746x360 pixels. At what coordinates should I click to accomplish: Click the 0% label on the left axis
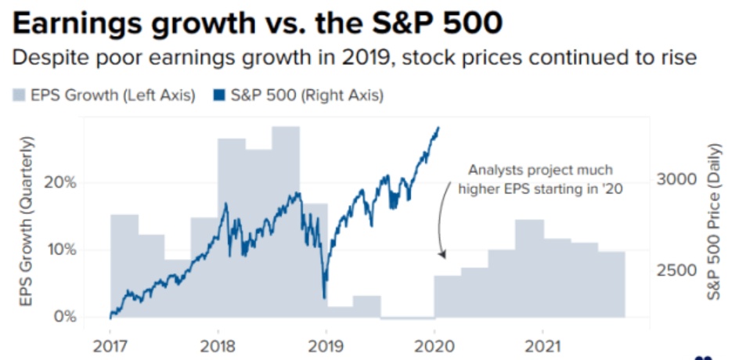(x=65, y=317)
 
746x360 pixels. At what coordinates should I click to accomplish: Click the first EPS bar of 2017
(x=124, y=266)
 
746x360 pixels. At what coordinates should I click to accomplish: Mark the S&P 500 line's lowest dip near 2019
(x=324, y=297)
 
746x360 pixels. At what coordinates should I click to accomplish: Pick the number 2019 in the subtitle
(x=351, y=59)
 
